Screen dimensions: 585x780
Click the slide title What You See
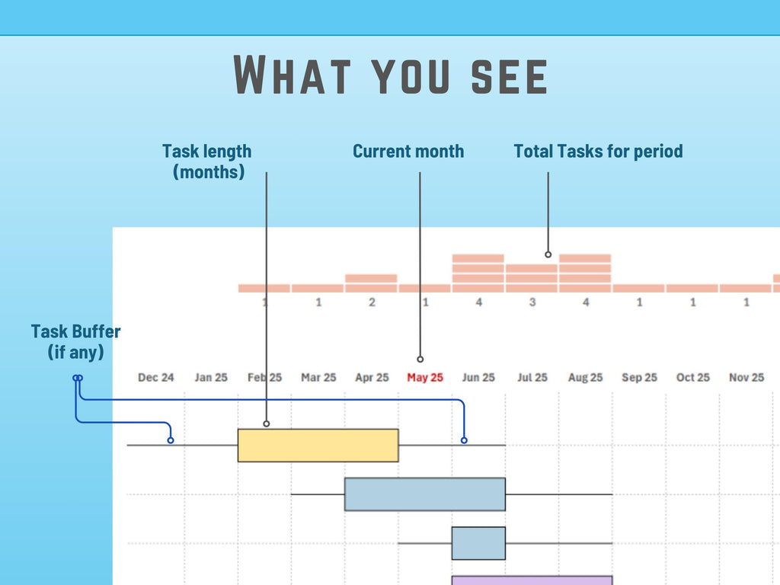pyautogui.click(x=390, y=75)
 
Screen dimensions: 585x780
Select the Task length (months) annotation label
pyautogui.click(x=207, y=161)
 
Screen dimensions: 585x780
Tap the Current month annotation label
pyautogui.click(x=408, y=151)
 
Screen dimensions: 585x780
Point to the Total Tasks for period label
pyautogui.click(x=598, y=151)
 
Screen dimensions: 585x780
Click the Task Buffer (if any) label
pyautogui.click(x=75, y=342)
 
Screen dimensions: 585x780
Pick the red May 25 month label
pyautogui.click(x=425, y=377)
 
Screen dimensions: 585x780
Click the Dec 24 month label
pyautogui.click(x=156, y=377)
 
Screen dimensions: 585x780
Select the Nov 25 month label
pyautogui.click(x=746, y=377)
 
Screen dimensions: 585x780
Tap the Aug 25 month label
pyautogui.click(x=585, y=377)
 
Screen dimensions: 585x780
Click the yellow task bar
pyautogui.click(x=318, y=445)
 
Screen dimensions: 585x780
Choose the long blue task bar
pyautogui.click(x=424, y=494)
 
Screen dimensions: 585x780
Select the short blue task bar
pyautogui.click(x=478, y=543)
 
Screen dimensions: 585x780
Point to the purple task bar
pyautogui.click(x=532, y=580)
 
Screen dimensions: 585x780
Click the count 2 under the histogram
pyautogui.click(x=372, y=302)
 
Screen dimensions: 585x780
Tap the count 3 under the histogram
pyautogui.click(x=532, y=302)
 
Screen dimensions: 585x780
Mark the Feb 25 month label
pyautogui.click(x=264, y=377)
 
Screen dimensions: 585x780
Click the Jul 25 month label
pyautogui.click(x=532, y=377)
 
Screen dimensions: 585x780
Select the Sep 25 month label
pyautogui.click(x=639, y=377)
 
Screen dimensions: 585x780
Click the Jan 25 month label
pyautogui.click(x=211, y=377)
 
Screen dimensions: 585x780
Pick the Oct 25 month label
pyautogui.click(x=693, y=377)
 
